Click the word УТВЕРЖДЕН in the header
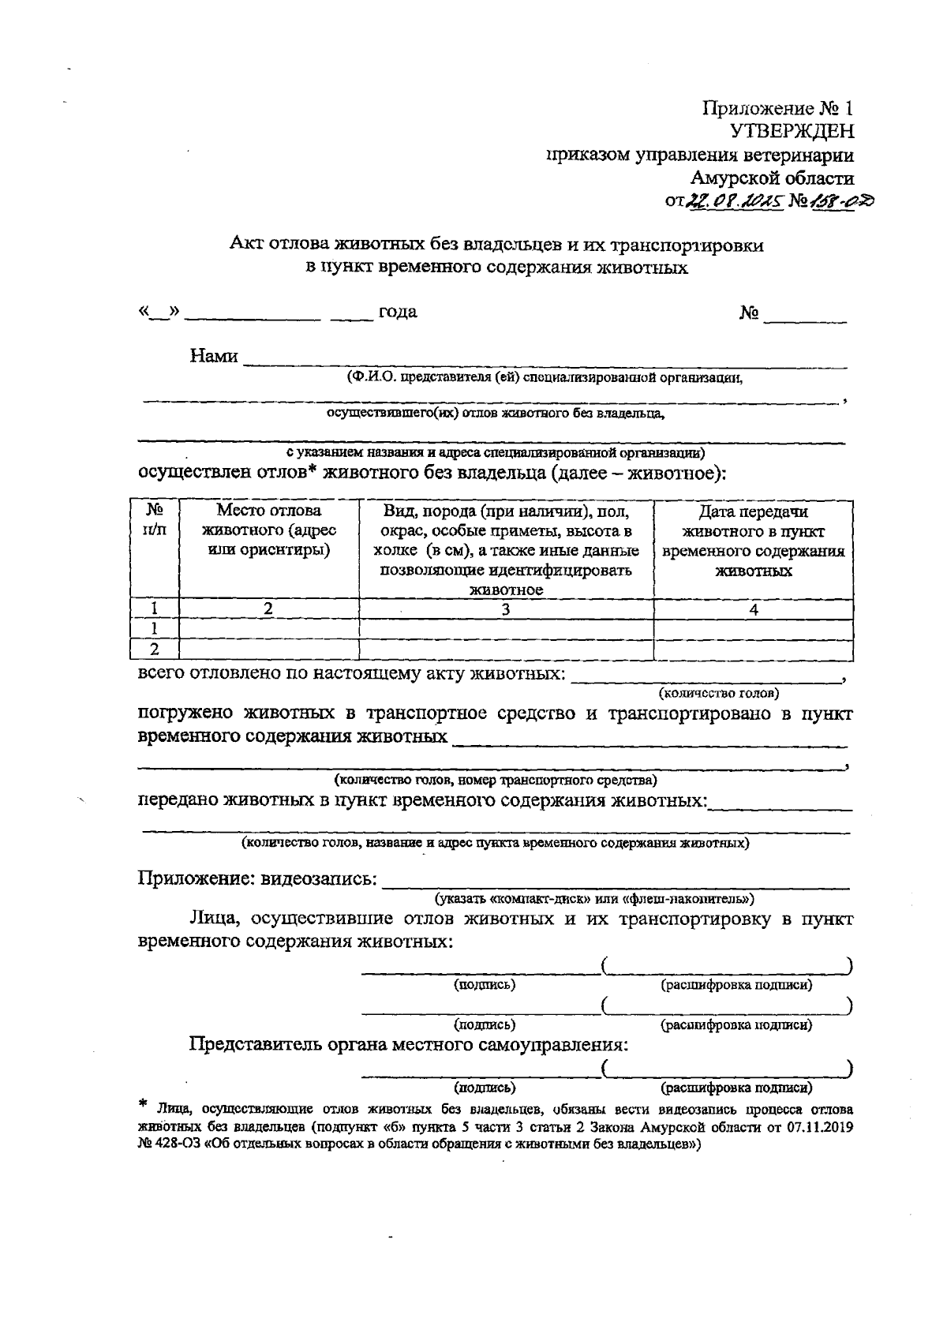[x=792, y=132]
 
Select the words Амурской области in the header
[x=771, y=178]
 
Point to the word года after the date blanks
[x=398, y=312]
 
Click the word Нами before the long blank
[x=214, y=357]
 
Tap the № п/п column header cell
[x=155, y=520]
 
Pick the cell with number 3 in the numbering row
[x=506, y=609]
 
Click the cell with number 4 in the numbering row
[x=754, y=609]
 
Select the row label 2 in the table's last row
[x=155, y=649]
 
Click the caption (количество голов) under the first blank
[x=718, y=694]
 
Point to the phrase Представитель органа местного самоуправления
[x=409, y=1045]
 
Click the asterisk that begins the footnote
[x=143, y=1104]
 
